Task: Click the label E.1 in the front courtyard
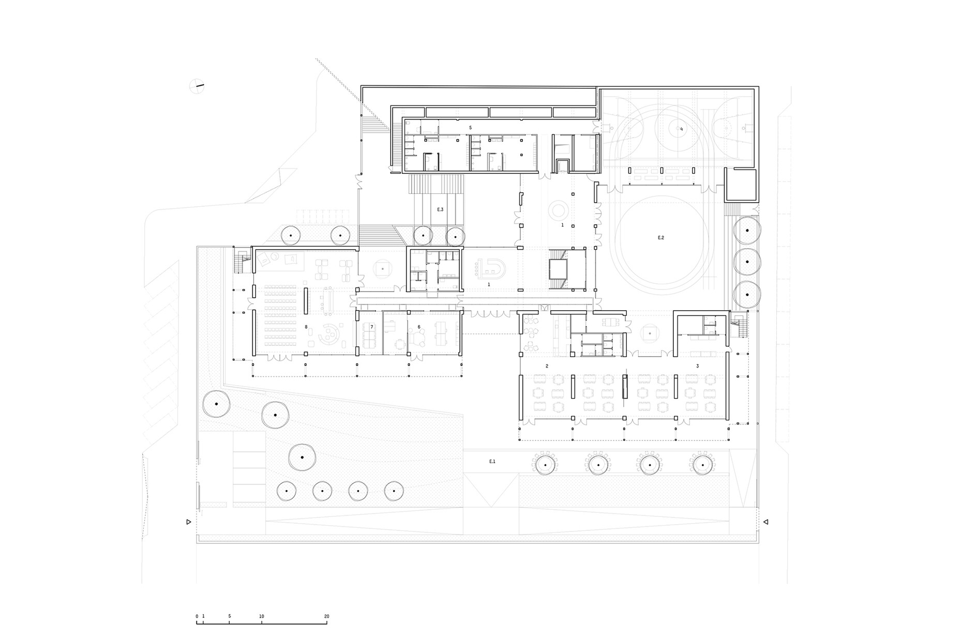tap(492, 461)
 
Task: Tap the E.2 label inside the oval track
tap(660, 238)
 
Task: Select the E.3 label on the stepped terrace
tap(440, 209)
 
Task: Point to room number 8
tap(306, 327)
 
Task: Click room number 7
tap(371, 327)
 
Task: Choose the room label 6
tap(419, 327)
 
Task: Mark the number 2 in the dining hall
tap(547, 366)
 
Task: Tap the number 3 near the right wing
tap(697, 366)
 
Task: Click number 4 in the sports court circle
tap(681, 129)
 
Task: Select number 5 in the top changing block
tap(470, 127)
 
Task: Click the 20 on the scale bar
tap(326, 616)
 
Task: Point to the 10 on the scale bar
tap(262, 616)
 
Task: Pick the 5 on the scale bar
tap(229, 616)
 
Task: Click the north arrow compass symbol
tap(197, 86)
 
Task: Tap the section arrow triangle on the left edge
tap(189, 522)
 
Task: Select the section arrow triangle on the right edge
tap(766, 522)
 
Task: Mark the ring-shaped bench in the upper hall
tap(558, 210)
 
